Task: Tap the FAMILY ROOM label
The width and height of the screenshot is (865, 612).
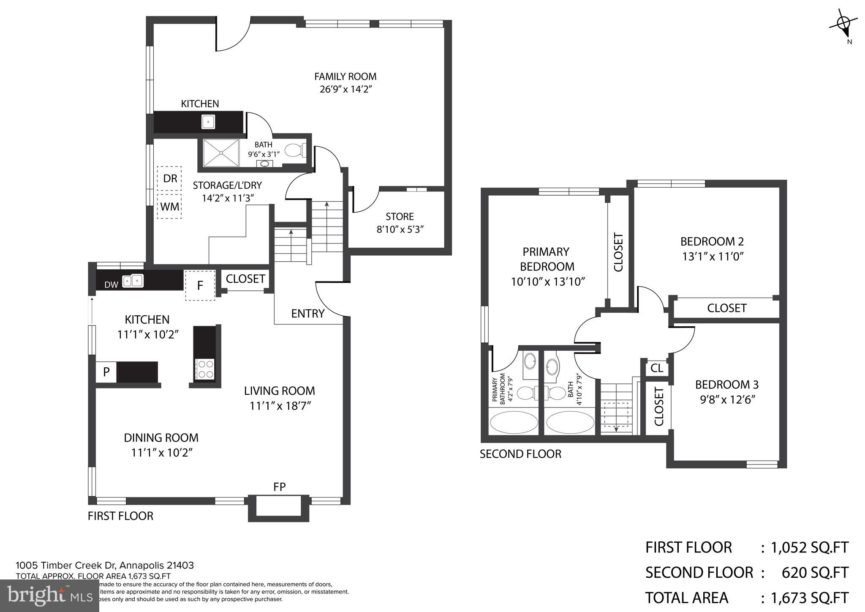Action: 345,76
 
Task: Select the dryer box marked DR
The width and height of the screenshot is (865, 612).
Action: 169,178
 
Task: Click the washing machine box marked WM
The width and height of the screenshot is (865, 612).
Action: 169,207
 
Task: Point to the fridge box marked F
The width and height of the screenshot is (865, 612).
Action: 200,285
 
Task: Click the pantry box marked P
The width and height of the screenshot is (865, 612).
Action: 106,372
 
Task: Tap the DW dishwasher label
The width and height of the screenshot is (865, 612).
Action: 111,285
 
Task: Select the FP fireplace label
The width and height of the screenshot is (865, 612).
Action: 279,487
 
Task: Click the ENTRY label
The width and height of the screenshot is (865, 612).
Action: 307,314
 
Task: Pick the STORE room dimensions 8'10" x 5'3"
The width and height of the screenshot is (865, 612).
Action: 400,229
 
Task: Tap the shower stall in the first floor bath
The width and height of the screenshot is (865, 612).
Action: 221,153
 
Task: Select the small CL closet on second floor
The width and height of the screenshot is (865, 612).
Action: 656,368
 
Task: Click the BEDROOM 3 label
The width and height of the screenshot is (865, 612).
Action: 726,385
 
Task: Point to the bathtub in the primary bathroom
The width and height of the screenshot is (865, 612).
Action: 514,422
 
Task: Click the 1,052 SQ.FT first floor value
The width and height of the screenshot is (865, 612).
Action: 809,547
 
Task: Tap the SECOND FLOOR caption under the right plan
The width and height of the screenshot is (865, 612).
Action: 520,454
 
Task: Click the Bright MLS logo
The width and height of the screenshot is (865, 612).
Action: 50,596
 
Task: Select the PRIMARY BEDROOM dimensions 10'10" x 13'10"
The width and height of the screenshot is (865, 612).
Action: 548,281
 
